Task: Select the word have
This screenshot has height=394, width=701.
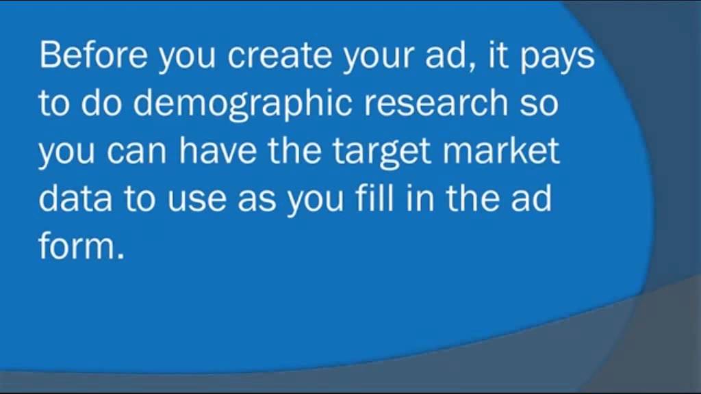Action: coord(218,150)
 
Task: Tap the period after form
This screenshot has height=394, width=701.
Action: coord(121,257)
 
